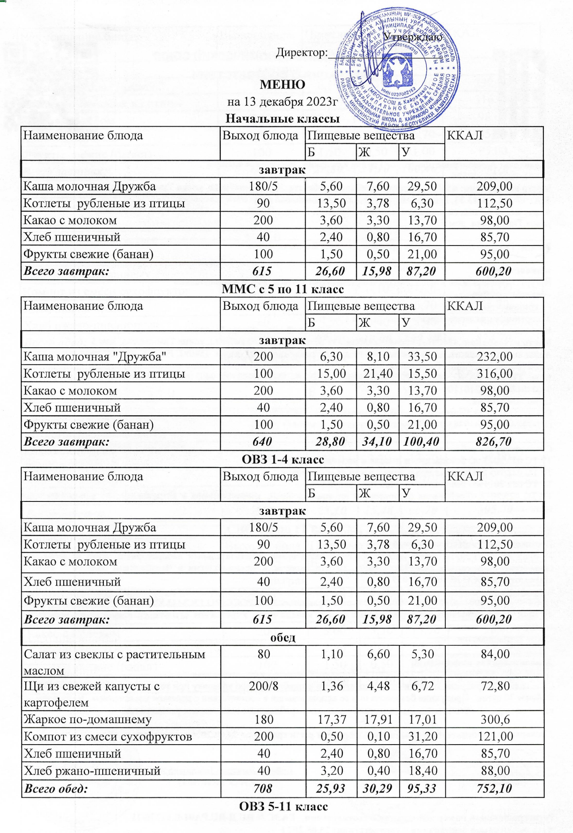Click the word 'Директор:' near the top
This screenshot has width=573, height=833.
pos(302,52)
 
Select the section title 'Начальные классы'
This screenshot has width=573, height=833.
pos(282,119)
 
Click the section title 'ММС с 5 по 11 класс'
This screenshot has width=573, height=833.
pos(283,289)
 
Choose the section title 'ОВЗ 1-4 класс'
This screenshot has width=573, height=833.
pos(283,460)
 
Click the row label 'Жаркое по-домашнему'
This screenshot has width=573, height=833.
pos(88,719)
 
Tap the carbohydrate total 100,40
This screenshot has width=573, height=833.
pos(422,441)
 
